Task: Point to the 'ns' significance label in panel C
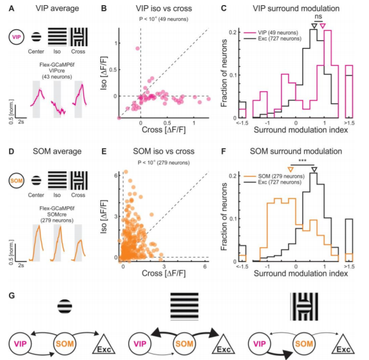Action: pos(318,18)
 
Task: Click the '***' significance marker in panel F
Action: pos(303,161)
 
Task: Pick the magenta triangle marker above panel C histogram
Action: pos(322,26)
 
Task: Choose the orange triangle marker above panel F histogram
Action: pos(290,168)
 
